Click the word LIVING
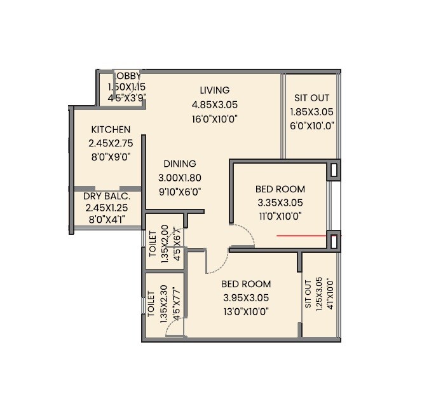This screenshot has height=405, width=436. click(x=214, y=90)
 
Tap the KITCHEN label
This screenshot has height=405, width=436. click(x=110, y=129)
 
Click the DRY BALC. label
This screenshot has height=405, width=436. click(x=107, y=195)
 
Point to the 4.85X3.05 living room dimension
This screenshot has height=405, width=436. click(x=214, y=104)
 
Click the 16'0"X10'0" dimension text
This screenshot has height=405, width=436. click(x=214, y=119)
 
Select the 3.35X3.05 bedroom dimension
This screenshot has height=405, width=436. click(x=280, y=202)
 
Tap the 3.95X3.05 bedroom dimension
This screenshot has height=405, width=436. click(x=246, y=297)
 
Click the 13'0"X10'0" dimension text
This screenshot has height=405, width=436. click(x=246, y=311)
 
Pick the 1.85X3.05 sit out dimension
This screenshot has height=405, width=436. click(x=311, y=111)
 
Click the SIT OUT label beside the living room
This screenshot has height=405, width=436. click(x=311, y=98)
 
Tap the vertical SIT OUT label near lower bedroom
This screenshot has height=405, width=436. click(x=309, y=294)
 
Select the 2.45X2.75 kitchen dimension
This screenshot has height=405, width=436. click(x=111, y=143)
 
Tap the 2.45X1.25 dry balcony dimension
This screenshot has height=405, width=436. click(x=107, y=207)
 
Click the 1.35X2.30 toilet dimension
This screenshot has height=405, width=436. click(x=164, y=304)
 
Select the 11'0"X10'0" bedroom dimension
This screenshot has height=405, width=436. click(x=280, y=216)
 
